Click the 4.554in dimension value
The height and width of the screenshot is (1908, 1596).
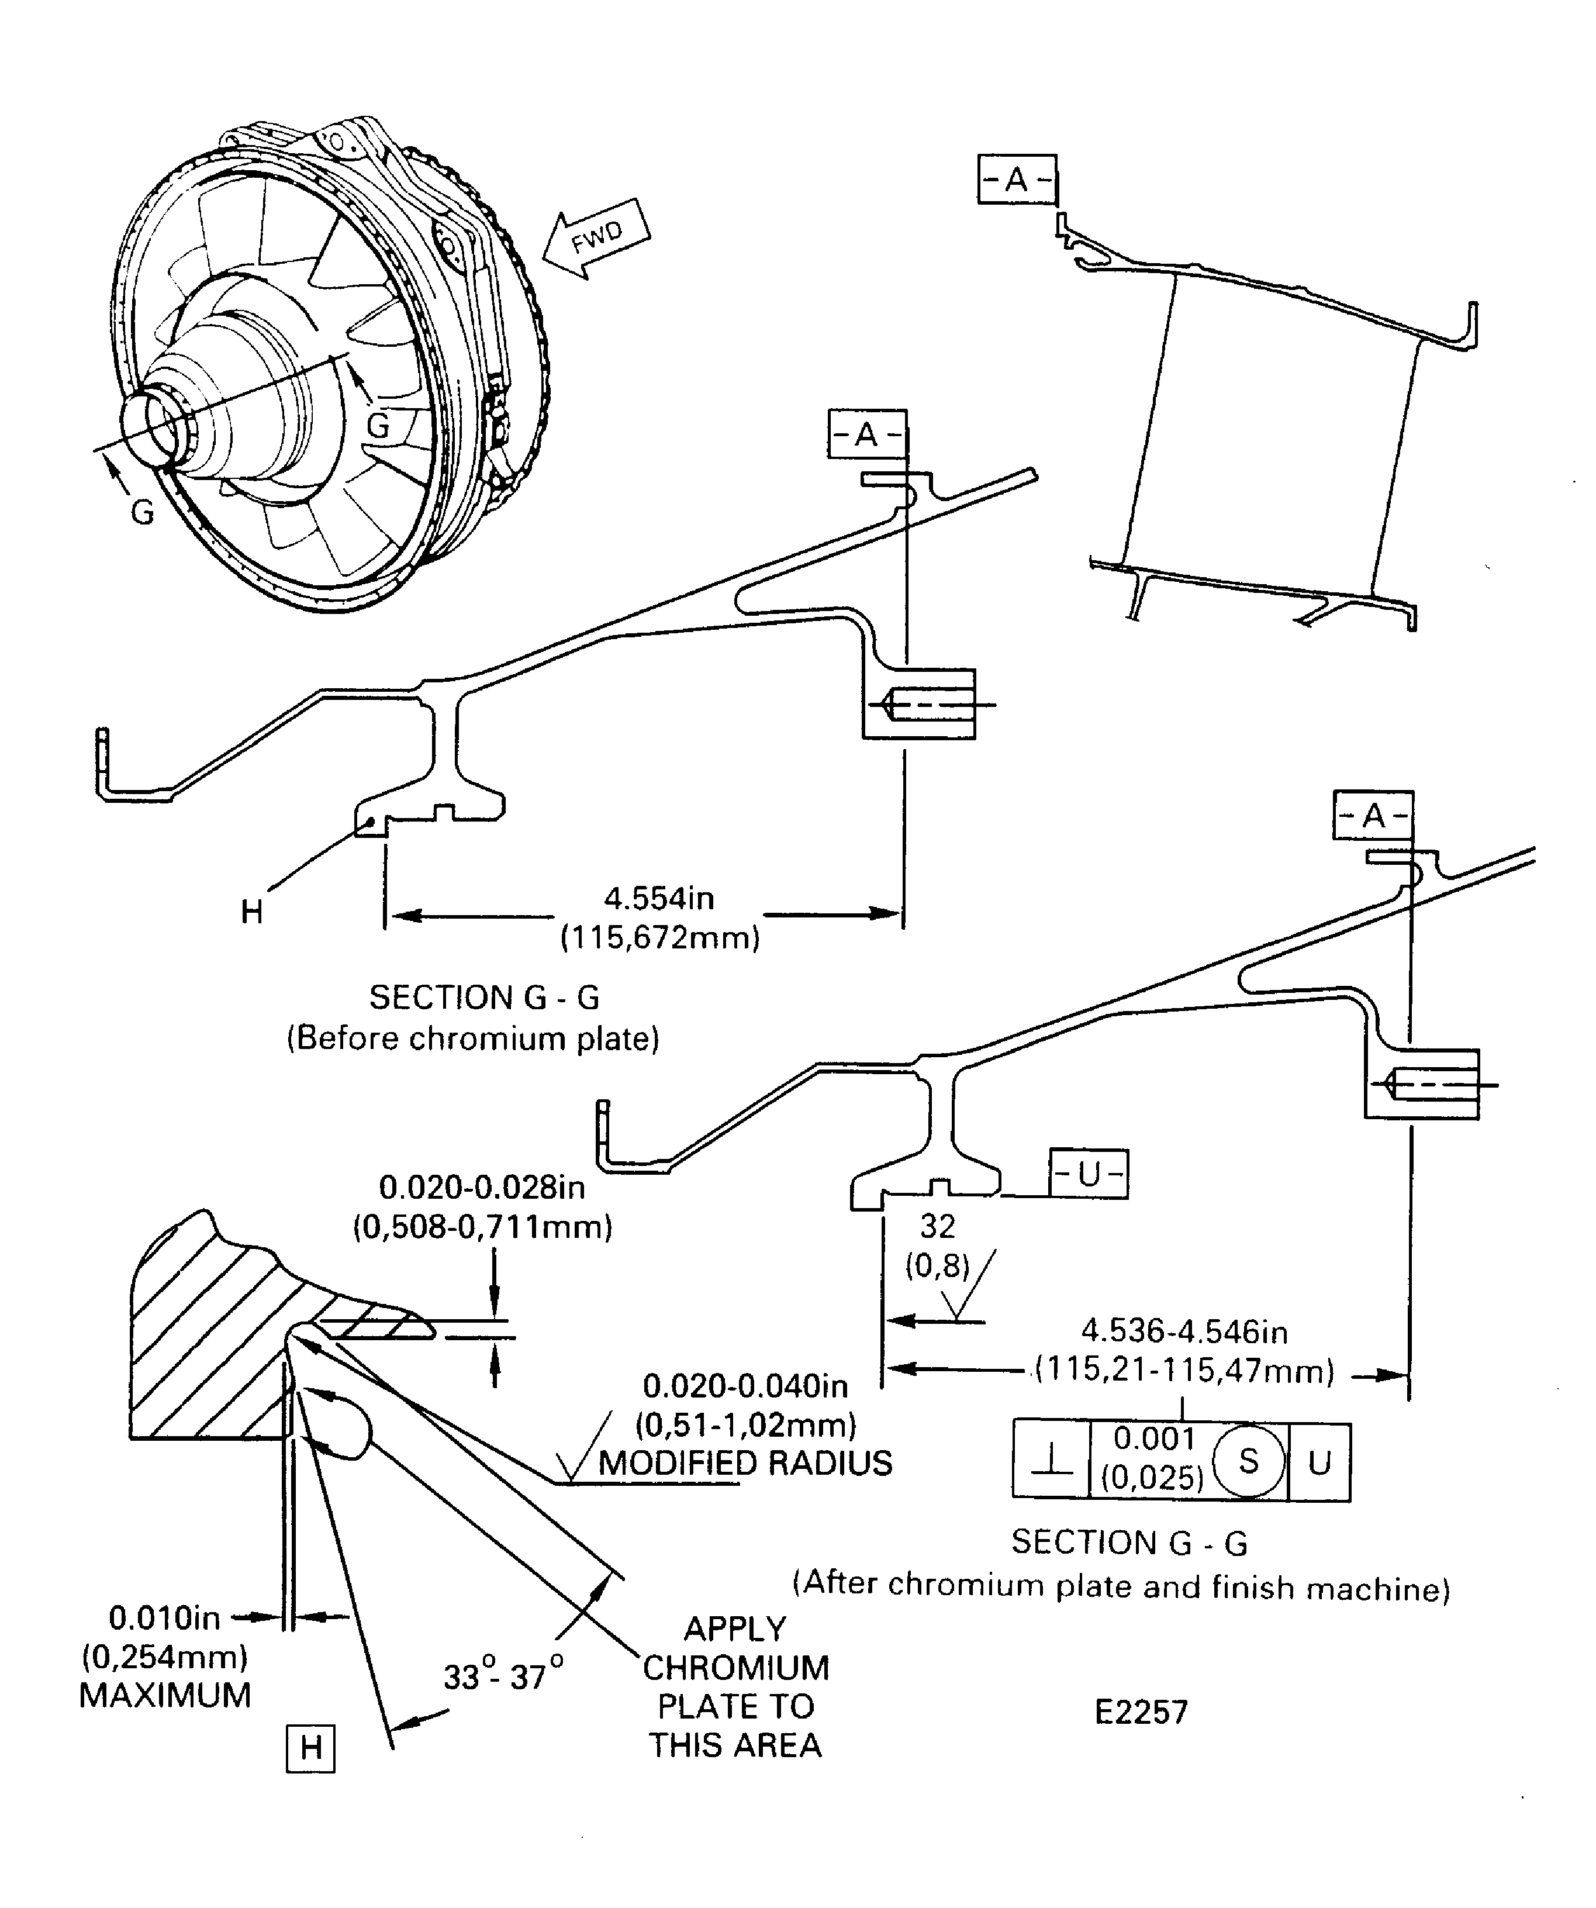point(659,899)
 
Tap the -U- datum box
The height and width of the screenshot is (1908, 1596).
point(1088,1174)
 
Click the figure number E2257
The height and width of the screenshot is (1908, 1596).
point(1141,1712)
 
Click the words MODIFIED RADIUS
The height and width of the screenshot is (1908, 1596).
point(745,1463)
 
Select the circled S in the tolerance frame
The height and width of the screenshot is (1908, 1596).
point(1248,1461)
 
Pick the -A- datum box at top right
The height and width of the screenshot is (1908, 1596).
point(1017,179)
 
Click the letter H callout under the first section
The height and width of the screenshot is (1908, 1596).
point(251,911)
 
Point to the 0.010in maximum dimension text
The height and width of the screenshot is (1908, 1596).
point(164,1617)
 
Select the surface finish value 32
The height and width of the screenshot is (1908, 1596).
point(938,1227)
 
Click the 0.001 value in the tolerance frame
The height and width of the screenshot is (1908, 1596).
point(1153,1438)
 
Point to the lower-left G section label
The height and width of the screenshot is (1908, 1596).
point(143,512)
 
